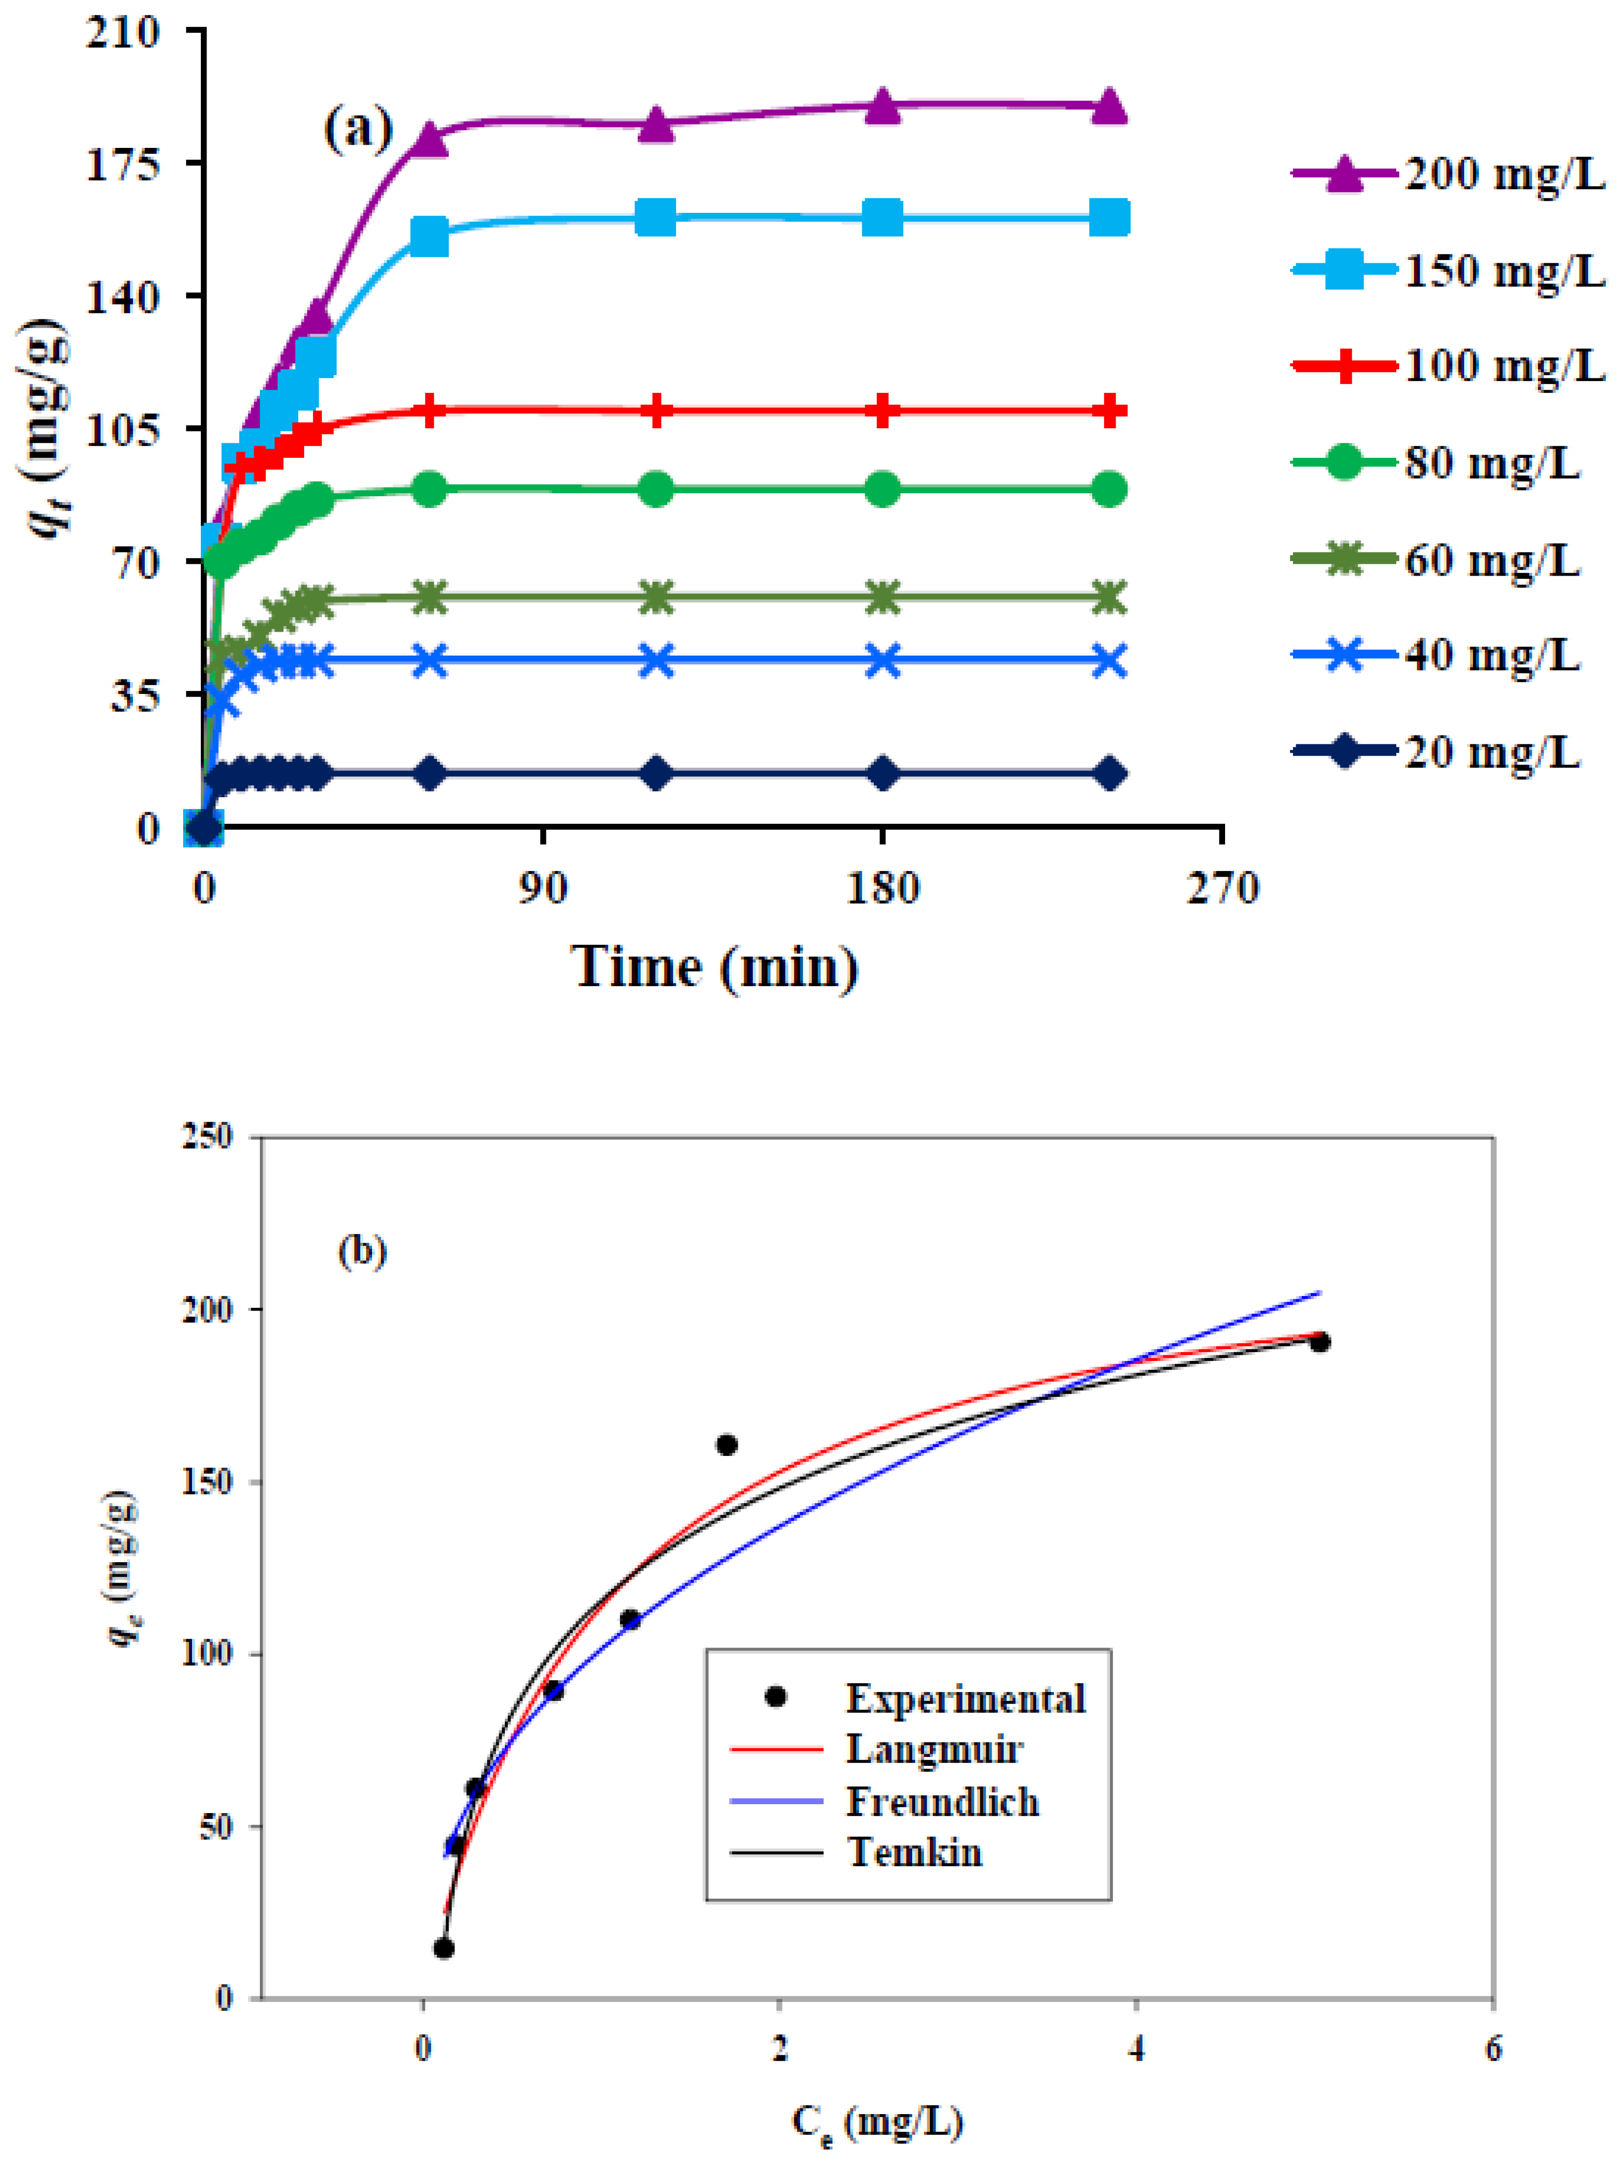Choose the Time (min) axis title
click(714, 968)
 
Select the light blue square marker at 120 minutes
click(656, 217)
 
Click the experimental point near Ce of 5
click(1319, 1342)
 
